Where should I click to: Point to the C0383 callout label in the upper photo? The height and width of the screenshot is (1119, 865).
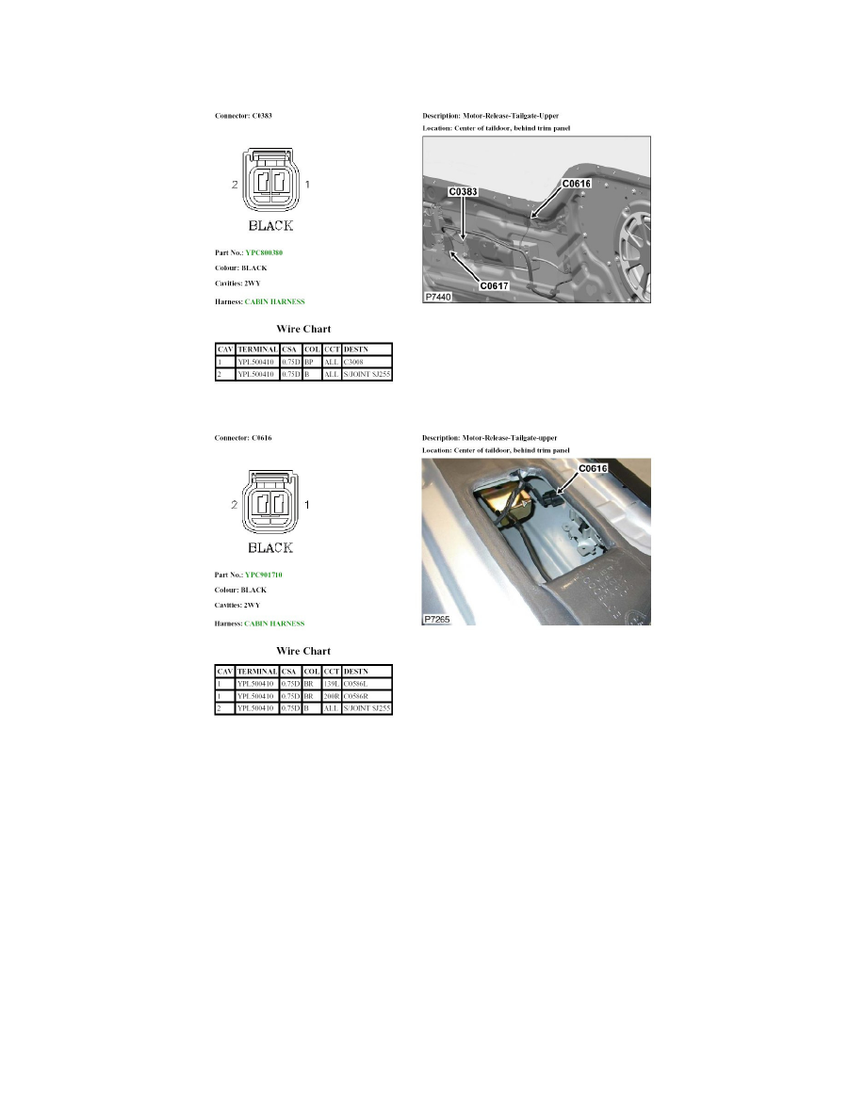coord(464,191)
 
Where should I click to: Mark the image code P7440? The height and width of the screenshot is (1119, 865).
coord(438,296)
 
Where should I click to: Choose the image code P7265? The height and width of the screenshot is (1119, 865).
coord(438,619)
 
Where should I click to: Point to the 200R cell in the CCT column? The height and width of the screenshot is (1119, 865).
coord(331,694)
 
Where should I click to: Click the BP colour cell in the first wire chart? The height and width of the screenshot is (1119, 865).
coord(308,362)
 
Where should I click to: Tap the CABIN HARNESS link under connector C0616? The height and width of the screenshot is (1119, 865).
coord(274,624)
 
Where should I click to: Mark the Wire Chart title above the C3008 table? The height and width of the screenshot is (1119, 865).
coord(303,330)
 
